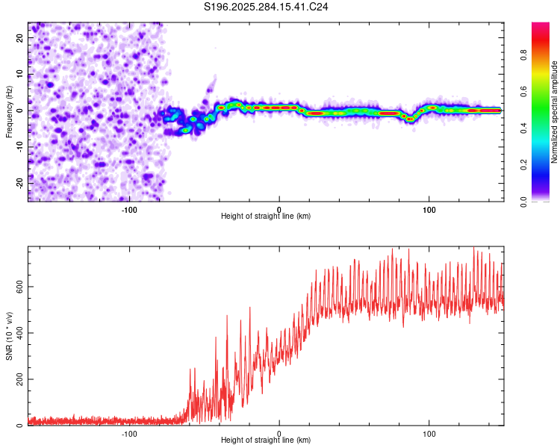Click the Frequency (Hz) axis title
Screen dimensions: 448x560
[9, 111]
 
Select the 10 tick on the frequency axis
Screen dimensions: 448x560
[20, 75]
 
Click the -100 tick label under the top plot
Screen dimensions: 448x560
[129, 208]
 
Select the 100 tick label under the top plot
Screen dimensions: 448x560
[429, 208]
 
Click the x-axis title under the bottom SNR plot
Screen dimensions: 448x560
[266, 441]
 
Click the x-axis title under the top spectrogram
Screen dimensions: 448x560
[266, 217]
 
